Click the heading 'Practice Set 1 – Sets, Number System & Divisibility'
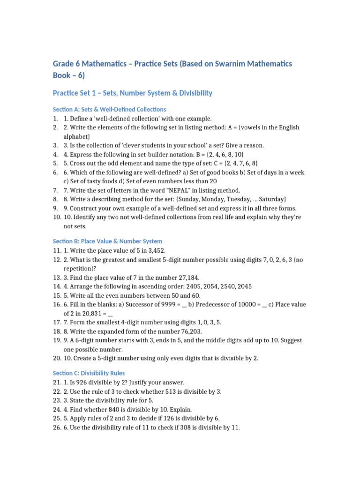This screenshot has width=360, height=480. point(132,93)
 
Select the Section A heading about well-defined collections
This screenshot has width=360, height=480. point(109,109)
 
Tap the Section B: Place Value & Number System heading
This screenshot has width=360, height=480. point(107,241)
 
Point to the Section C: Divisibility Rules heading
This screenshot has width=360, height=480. point(89,373)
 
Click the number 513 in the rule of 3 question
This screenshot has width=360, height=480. point(171,391)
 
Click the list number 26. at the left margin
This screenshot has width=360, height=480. point(57,427)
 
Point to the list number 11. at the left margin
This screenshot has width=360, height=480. point(57,251)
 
